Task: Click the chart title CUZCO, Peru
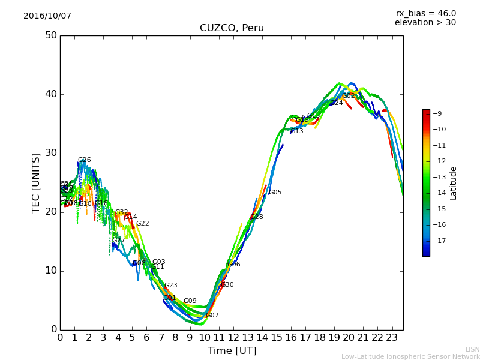232,28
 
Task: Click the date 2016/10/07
47,16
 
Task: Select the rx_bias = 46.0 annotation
425,13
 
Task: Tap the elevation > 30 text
425,23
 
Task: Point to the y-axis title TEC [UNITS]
36,182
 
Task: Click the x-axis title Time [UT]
232,351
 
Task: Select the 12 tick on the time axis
233,338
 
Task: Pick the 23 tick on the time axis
392,338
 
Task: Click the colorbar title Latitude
454,183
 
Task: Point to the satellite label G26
84,160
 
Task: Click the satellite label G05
275,193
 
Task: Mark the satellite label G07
212,316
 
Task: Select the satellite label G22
142,224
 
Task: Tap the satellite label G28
256,217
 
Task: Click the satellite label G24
336,103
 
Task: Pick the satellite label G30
227,285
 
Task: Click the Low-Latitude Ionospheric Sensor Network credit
410,357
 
